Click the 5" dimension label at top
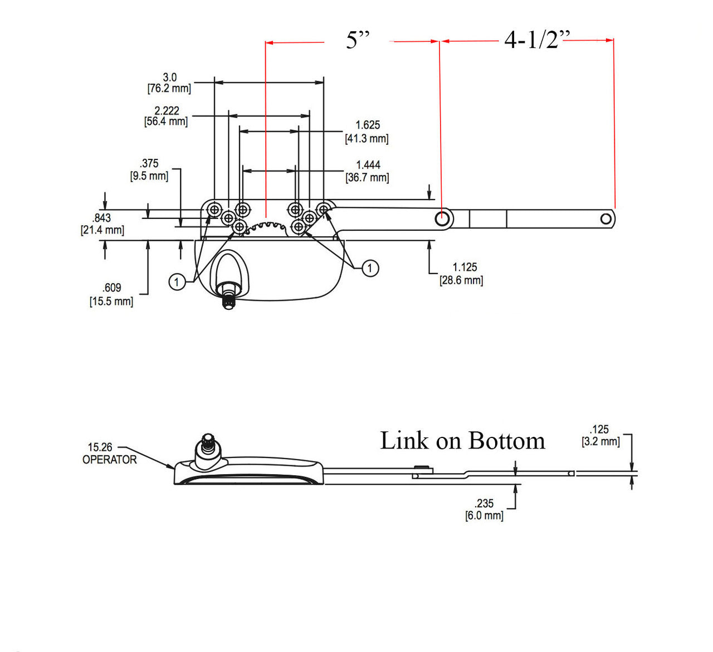pos(358,40)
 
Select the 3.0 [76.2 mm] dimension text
pos(169,83)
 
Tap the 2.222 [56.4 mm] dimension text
pos(166,116)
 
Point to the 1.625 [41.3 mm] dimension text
pos(367,132)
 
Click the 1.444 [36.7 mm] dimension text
pos(368,171)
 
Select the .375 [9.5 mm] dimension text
pos(149,169)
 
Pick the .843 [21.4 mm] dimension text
pos(102,224)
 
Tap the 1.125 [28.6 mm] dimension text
pos(462,274)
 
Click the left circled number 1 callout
pos(177,282)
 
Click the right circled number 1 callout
pos(370,268)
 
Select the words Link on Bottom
pos(462,441)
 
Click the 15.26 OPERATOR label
pos(109,454)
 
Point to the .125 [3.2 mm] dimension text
pos(600,435)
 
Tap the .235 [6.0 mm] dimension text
pos(484,509)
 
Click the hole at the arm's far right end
pos(606,219)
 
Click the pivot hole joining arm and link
pos(443,218)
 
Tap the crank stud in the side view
pos(208,445)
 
